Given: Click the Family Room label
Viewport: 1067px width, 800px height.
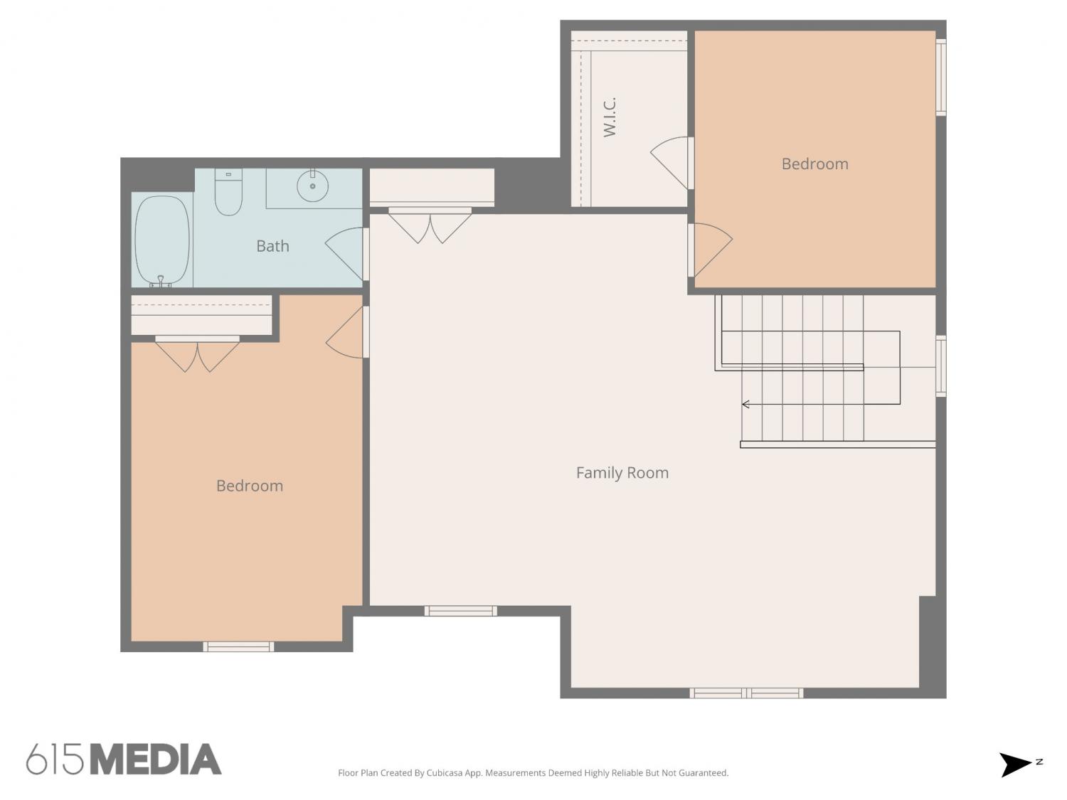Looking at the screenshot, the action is pos(622,473).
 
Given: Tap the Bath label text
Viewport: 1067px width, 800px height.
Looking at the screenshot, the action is pos(272,246).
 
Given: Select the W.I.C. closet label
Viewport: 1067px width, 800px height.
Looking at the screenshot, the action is pos(610,117).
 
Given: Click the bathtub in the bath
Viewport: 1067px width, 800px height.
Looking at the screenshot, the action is pos(162,241).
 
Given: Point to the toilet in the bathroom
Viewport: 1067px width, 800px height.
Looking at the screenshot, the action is pos(228,192).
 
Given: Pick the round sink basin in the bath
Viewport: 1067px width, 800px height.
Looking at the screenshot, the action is pos(312,186).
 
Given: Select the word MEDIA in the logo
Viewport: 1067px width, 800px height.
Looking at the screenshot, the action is pos(156,759).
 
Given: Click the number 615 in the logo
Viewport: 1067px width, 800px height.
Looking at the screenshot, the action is pos(55,759).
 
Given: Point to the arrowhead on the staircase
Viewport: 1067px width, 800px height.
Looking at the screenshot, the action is pos(745,404).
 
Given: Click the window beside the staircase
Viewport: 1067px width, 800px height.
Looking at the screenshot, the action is pos(940,366).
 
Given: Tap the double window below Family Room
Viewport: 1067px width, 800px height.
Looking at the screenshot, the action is pos(746,693).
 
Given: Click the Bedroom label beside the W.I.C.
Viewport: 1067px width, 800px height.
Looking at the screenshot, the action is pos(814,164).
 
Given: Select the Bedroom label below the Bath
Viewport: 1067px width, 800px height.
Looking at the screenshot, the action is pos(250,486).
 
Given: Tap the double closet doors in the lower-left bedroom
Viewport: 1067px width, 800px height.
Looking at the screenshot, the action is pos(197,354).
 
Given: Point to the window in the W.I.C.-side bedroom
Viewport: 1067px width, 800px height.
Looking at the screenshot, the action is pos(940,77).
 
